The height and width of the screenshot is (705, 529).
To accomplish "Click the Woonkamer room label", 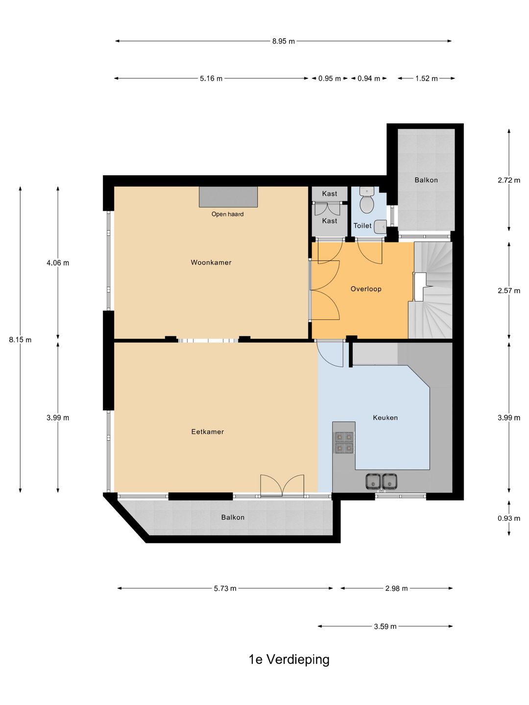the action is (211, 262).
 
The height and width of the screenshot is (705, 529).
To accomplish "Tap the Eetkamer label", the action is (208, 432).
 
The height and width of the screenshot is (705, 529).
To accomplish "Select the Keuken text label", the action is (385, 418).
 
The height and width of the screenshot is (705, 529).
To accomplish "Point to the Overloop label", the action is (366, 289).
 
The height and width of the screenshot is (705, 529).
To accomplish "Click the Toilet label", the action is (362, 226).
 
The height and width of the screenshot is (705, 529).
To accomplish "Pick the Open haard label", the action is (227, 214).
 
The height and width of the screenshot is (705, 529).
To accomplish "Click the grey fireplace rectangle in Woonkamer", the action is (228, 196).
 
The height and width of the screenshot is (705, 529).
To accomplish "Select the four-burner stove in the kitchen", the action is (344, 443).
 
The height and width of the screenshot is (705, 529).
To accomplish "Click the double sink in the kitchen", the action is (381, 481).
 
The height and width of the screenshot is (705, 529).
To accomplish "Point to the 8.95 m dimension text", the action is (283, 41).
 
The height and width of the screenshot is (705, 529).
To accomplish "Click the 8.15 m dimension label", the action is (20, 339).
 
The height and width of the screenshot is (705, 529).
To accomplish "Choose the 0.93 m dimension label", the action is (509, 518).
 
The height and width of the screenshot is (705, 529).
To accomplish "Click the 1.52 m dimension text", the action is (426, 78).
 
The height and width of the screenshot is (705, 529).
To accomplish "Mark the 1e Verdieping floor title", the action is (289, 659).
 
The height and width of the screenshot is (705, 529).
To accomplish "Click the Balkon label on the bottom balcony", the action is (233, 517).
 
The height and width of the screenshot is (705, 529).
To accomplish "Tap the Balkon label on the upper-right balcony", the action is (426, 180).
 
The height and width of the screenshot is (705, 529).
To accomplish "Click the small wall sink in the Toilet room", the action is (380, 225).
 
